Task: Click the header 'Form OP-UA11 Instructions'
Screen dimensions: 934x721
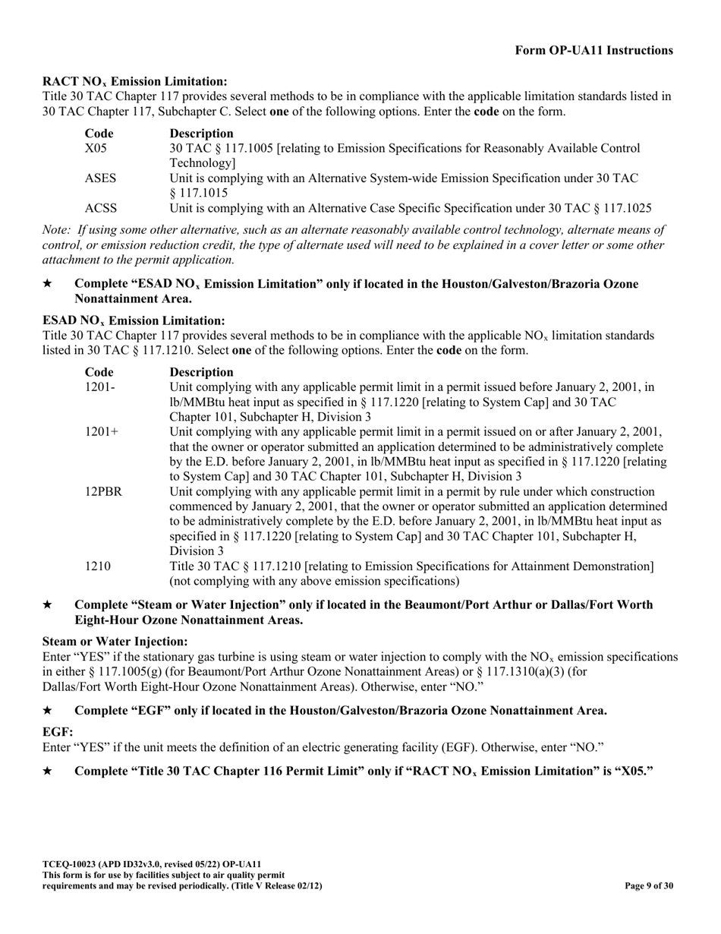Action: pos(593,51)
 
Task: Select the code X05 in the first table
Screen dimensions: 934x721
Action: pos(96,148)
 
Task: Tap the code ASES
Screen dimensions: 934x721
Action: pos(100,178)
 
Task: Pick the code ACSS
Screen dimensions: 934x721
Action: pos(100,208)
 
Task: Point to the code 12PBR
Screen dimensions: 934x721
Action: pos(103,492)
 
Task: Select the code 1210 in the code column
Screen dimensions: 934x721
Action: pos(98,566)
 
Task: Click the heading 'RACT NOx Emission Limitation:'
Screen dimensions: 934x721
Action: pos(134,81)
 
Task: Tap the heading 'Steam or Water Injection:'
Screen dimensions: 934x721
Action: pos(115,642)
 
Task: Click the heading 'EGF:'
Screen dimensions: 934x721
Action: pos(58,731)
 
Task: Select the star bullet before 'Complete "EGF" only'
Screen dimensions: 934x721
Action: pos(47,711)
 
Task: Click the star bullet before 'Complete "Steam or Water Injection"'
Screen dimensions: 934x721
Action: pos(47,605)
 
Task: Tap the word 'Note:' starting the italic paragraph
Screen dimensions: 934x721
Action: pos(57,230)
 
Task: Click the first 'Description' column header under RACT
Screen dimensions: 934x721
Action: pos(201,133)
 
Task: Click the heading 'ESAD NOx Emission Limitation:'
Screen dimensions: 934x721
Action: pos(134,320)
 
